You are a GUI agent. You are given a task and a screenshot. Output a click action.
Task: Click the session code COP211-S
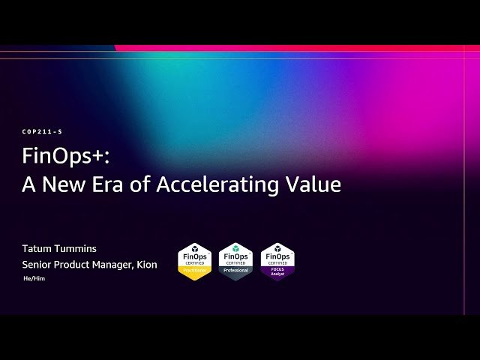tap(42, 132)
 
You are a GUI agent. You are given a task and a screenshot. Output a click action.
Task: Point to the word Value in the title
tap(313, 184)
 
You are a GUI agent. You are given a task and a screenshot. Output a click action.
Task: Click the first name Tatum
tap(38, 248)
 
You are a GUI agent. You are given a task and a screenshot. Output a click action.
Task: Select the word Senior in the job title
tap(37, 264)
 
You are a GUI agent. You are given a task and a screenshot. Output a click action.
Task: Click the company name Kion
tap(147, 264)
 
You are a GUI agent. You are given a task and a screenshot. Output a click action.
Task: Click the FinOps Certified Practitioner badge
tap(194, 262)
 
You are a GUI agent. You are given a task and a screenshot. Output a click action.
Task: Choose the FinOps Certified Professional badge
tap(235, 262)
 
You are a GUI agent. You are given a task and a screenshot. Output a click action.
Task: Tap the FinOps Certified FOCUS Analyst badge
tap(277, 262)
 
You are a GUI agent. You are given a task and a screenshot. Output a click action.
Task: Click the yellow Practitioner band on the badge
tap(194, 273)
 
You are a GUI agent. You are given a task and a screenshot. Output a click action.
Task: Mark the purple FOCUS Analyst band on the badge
tap(277, 273)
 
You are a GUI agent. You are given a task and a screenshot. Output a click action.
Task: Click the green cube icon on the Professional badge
tap(235, 248)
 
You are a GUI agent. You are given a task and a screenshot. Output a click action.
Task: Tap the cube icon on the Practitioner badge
tap(194, 248)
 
